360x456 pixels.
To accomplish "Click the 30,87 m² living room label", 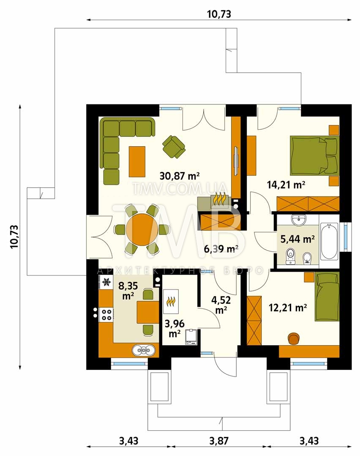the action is click(x=180, y=176).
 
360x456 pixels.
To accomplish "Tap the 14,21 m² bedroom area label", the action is click(x=286, y=185).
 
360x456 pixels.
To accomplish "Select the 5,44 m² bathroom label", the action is click(x=297, y=239).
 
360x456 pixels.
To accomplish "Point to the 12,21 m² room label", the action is click(x=288, y=307).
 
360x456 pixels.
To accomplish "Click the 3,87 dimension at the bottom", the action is click(x=219, y=441).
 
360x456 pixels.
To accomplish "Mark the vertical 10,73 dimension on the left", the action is click(x=14, y=236).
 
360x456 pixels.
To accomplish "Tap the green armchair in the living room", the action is click(x=174, y=147).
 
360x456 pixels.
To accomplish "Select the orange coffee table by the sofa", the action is click(x=137, y=161).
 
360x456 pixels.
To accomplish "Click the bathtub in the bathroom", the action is click(x=329, y=241).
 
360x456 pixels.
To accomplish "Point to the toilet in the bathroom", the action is click(x=290, y=257).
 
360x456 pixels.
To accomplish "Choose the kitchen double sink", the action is click(x=144, y=350).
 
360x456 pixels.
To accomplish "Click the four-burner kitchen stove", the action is click(x=106, y=314).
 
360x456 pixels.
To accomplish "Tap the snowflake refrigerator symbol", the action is click(x=106, y=282).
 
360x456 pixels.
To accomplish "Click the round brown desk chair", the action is click(x=294, y=339).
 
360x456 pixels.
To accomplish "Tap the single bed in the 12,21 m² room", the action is click(x=327, y=296).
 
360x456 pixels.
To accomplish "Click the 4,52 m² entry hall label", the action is click(x=221, y=305).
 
